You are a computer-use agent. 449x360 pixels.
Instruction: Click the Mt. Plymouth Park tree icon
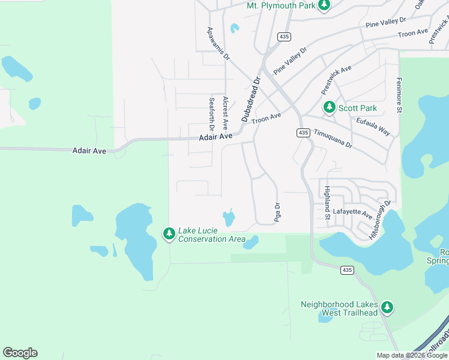pos(324,5)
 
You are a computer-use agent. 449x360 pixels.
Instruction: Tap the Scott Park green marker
pos(329,108)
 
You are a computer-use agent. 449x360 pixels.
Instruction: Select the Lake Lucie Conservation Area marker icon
pos(169,234)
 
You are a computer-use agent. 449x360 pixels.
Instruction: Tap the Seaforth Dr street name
pos(211,115)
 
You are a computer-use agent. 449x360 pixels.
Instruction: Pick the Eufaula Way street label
pos(373,127)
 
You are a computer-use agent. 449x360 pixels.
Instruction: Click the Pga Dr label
pos(277,212)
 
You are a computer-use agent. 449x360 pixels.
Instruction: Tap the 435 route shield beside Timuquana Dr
pos(303,132)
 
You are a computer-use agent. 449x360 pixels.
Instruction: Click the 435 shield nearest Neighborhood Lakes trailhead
pos(346,271)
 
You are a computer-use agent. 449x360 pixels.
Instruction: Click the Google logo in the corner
pos(20,353)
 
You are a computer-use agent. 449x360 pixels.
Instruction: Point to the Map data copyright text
pos(412,355)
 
